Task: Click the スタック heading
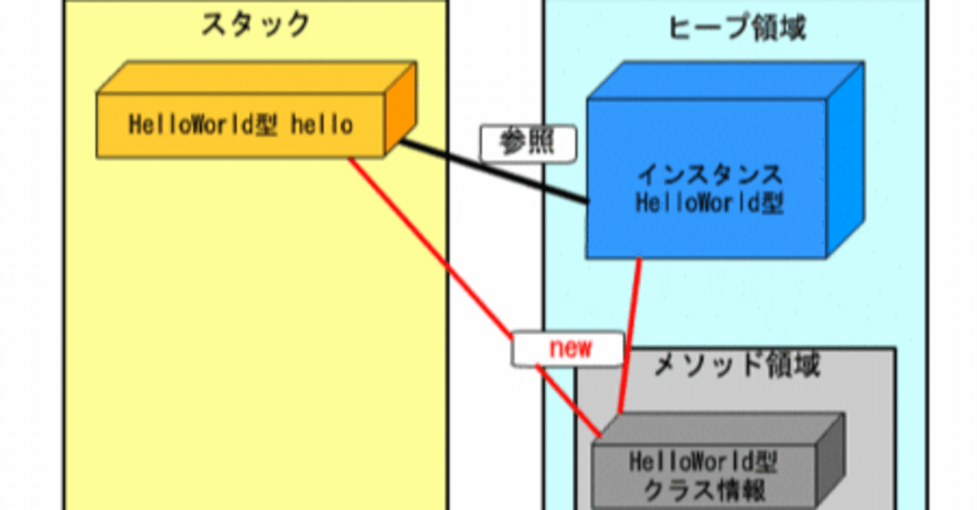pos(255,25)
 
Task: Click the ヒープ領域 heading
pos(737,28)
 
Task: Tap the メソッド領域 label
pos(737,366)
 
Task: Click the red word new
pos(570,347)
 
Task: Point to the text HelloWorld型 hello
pos(240,124)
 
